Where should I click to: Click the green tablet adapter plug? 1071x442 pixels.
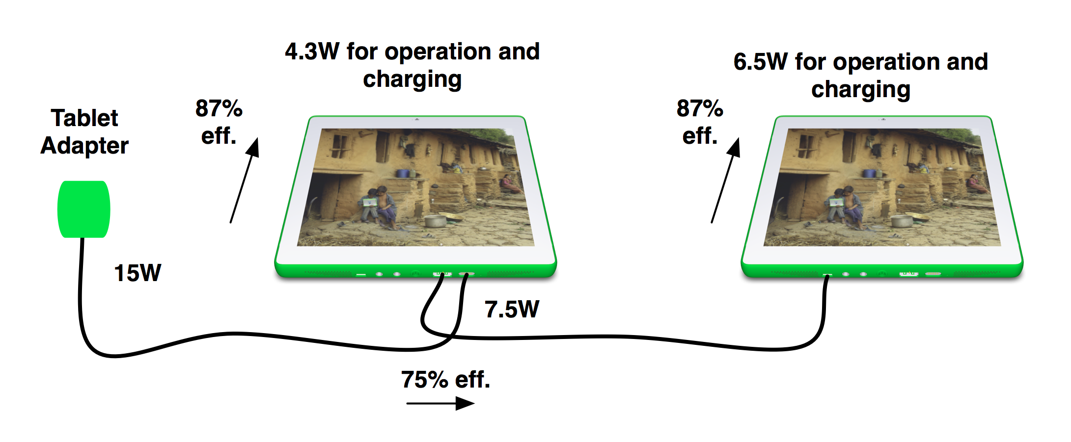[x=83, y=209]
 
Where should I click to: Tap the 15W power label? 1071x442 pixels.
[x=137, y=273]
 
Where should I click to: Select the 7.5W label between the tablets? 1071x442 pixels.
[x=512, y=310]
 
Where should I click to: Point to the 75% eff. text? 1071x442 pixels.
[x=445, y=379]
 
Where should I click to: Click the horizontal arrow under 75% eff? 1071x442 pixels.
[x=440, y=404]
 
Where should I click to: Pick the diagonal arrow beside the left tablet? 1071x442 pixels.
[x=245, y=181]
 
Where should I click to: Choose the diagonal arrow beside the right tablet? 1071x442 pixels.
[x=726, y=181]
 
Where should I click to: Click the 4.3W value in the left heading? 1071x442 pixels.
[x=312, y=52]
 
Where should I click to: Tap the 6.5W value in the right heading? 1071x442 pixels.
[x=760, y=62]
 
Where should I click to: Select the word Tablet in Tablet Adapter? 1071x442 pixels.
[x=84, y=118]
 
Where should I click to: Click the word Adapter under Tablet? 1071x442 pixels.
[x=84, y=146]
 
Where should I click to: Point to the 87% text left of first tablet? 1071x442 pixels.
[x=219, y=108]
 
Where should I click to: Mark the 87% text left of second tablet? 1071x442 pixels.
[x=700, y=108]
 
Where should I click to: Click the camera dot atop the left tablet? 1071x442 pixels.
[x=416, y=119]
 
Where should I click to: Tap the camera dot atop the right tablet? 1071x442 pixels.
[x=883, y=119]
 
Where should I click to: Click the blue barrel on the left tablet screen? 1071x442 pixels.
[x=403, y=173]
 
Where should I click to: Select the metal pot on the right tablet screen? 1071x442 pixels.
[x=902, y=221]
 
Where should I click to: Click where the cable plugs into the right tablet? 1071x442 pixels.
[x=827, y=276]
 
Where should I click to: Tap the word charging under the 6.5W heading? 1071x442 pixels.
[x=861, y=90]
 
